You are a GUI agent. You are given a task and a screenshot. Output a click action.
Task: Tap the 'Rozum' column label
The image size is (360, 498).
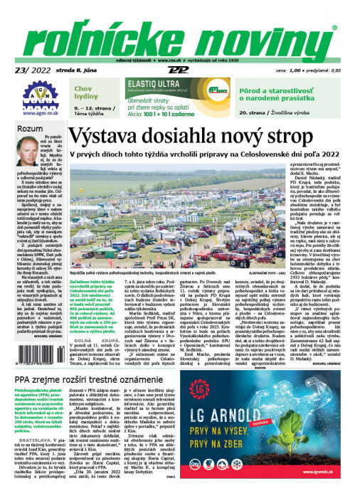28,128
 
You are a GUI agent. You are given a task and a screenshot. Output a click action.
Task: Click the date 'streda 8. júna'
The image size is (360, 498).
80,71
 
